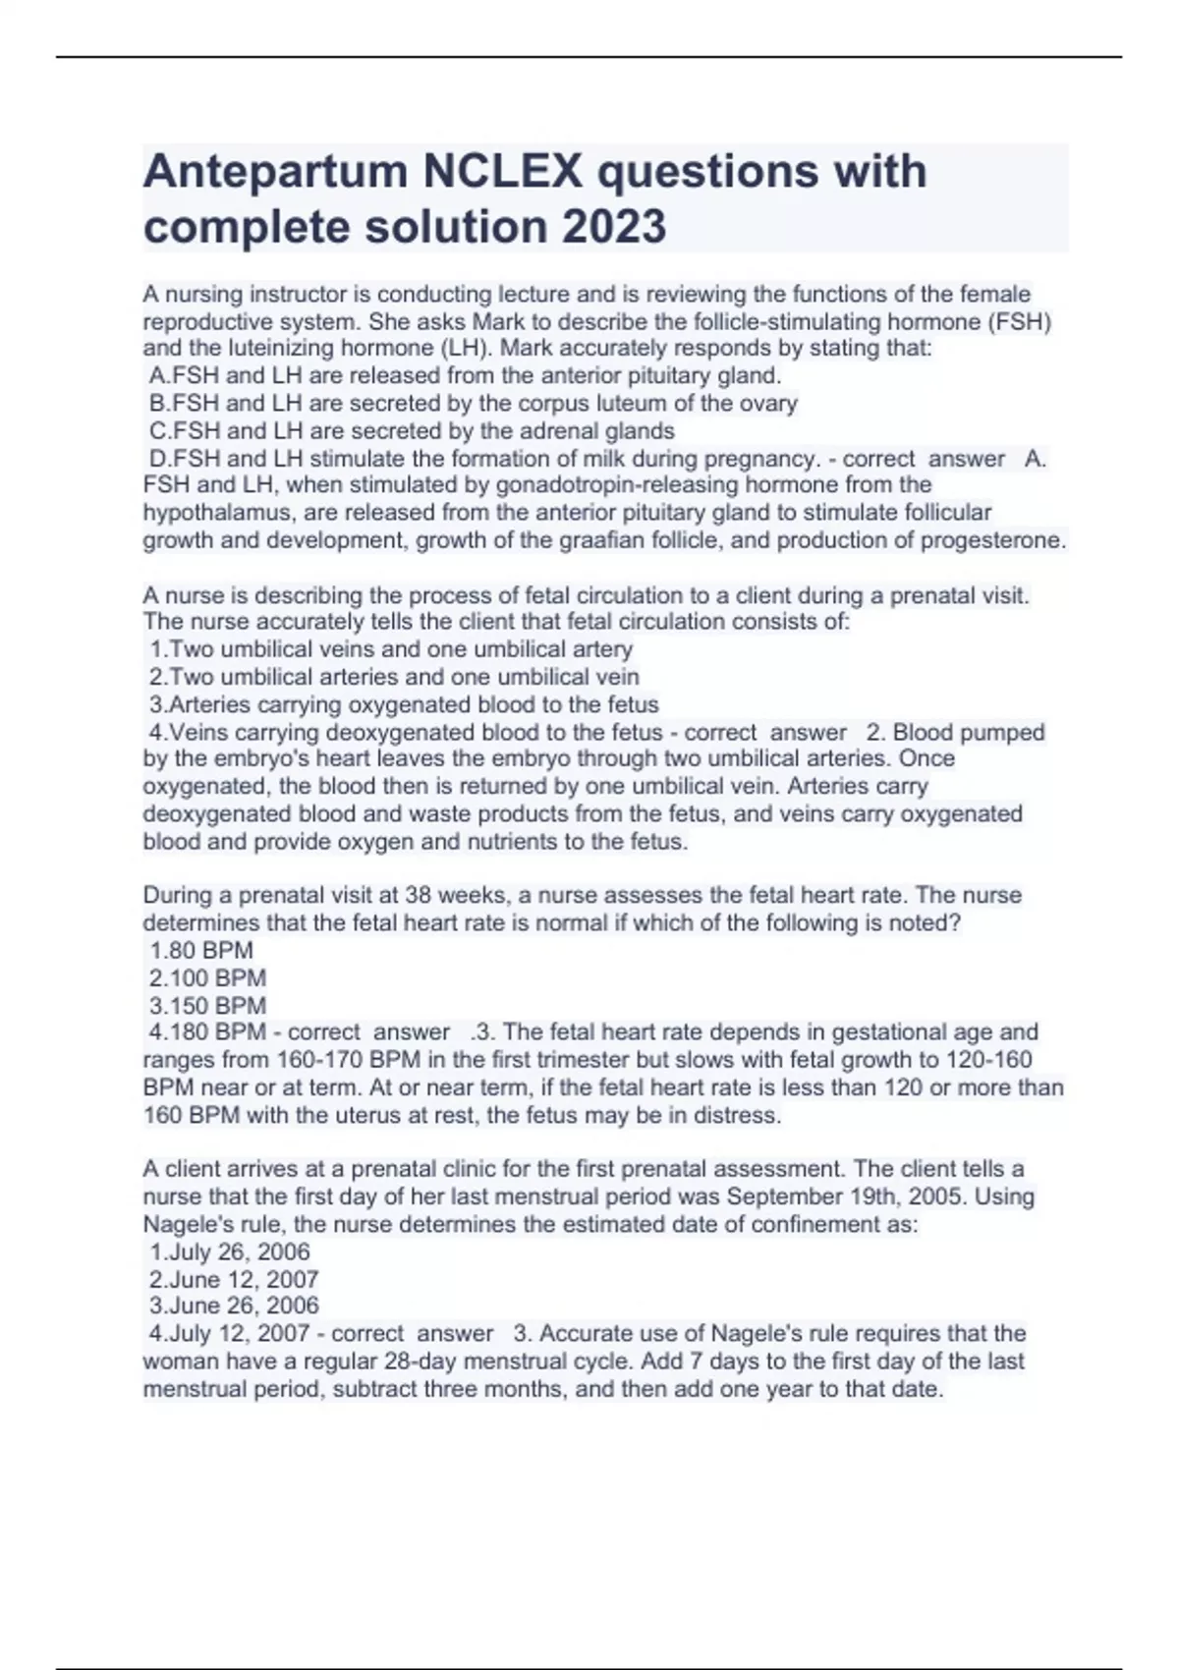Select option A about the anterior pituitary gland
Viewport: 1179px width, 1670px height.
click(465, 375)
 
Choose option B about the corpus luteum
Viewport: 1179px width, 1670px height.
click(473, 403)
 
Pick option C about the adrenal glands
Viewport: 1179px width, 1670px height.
click(412, 430)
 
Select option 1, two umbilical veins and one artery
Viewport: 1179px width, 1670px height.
click(391, 649)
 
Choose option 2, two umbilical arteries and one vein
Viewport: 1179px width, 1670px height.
click(394, 677)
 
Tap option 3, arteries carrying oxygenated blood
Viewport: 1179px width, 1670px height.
click(404, 704)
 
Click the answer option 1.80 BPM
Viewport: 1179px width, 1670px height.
click(201, 950)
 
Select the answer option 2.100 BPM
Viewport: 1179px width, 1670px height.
click(207, 977)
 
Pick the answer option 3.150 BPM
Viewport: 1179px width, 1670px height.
click(207, 1005)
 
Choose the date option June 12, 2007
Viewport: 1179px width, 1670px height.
click(234, 1279)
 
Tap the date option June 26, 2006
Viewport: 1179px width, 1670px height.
click(234, 1306)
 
